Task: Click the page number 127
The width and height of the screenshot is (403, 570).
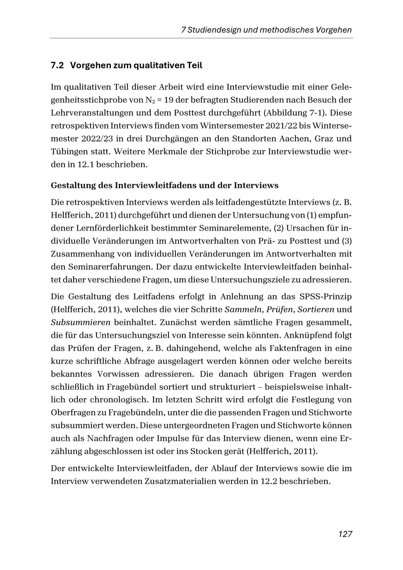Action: tap(345, 534)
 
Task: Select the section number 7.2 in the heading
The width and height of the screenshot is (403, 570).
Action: tap(57, 65)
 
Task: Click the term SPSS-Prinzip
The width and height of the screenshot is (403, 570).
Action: tap(326, 297)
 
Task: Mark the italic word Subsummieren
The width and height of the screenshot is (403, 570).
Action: tap(81, 322)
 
